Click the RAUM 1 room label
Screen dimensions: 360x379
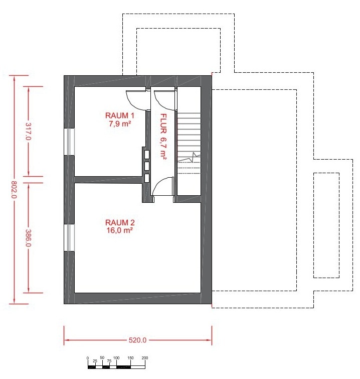tap(119, 115)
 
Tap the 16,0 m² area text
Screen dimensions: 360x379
tap(119, 230)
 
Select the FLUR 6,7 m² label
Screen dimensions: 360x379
tap(163, 137)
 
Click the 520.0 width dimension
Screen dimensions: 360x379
tap(137, 340)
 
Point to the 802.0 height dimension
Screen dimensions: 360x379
tap(14, 190)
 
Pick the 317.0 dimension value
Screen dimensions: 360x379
tap(29, 132)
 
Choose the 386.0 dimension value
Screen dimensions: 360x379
tap(29, 238)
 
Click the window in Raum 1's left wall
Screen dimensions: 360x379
tap(69, 142)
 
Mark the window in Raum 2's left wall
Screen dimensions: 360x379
tap(69, 237)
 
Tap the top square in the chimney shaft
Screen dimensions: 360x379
tap(146, 155)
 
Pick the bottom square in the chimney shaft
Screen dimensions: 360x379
tap(146, 178)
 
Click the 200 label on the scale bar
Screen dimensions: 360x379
tap(145, 358)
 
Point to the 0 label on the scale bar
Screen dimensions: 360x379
tap(88, 358)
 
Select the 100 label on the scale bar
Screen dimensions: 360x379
tap(116, 358)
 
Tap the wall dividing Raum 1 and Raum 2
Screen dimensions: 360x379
tap(108, 180)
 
